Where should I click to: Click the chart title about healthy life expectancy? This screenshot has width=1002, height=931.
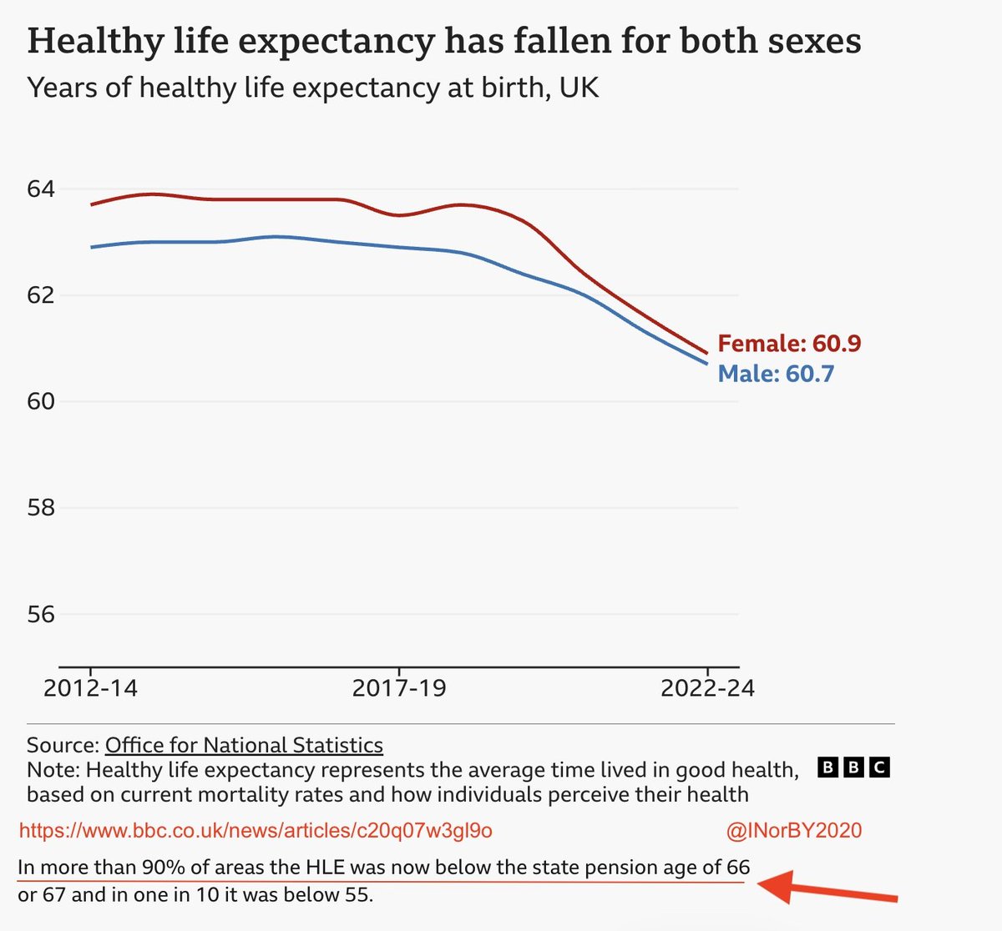click(444, 42)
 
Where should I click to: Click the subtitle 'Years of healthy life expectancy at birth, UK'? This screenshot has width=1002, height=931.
click(313, 88)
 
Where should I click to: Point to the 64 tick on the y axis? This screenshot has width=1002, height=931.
click(40, 189)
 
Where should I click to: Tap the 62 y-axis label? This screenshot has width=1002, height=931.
click(40, 294)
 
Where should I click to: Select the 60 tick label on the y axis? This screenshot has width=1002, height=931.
click(40, 402)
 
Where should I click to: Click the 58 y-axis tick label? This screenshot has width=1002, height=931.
click(40, 507)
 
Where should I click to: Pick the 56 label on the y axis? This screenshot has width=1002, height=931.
click(40, 614)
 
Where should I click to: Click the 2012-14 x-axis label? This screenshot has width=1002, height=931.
click(91, 688)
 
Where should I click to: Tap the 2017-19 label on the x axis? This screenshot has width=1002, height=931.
click(399, 688)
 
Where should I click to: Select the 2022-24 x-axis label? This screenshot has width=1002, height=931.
click(707, 688)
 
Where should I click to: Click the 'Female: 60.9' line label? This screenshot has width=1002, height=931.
click(790, 343)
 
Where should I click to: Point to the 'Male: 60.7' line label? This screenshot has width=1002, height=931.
click(776, 374)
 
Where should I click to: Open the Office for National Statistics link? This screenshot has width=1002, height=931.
click(244, 745)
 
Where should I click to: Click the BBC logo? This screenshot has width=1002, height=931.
click(853, 767)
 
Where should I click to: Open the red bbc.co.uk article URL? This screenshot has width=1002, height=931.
click(256, 830)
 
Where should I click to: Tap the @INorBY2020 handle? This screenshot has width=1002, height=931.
click(794, 830)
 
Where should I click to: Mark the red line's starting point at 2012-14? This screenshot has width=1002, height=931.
click(91, 204)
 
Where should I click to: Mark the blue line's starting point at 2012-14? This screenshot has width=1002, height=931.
click(91, 248)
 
